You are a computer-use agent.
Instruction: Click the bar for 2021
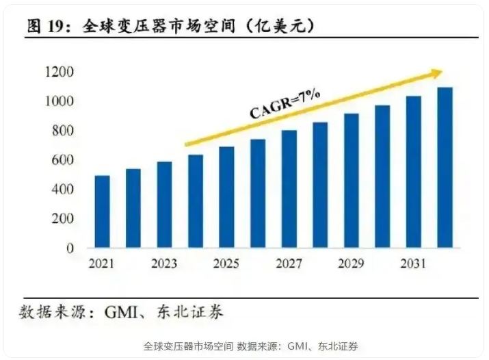point(102,211)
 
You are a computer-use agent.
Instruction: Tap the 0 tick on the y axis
point(70,248)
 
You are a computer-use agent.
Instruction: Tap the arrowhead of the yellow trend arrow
point(437,72)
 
